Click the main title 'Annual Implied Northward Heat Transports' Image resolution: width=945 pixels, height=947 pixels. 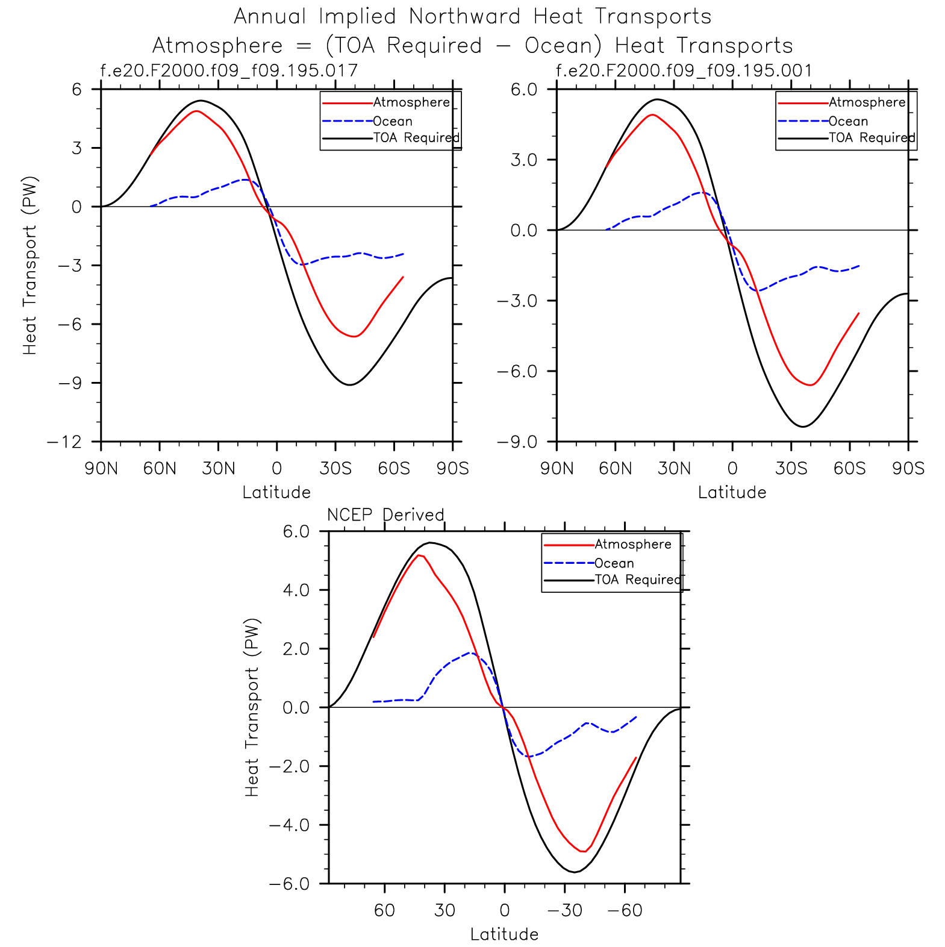pos(472,17)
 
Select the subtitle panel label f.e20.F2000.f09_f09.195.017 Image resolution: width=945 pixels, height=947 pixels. pos(229,71)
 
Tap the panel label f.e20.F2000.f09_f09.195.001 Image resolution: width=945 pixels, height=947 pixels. pos(684,71)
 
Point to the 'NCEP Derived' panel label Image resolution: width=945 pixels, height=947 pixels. pos(385,515)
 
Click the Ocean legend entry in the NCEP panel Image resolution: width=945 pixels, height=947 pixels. pos(614,563)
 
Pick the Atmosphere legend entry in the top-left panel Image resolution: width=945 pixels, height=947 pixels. pos(411,102)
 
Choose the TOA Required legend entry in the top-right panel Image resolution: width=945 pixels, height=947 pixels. pos(872,138)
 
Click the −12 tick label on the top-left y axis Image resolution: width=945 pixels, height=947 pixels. pos(64,442)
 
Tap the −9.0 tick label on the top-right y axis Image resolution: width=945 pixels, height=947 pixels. pos(516,442)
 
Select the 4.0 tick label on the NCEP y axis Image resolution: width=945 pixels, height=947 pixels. pos(296,590)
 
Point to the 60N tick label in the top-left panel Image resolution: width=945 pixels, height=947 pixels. pos(160,469)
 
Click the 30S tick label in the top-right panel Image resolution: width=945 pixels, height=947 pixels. pos(791,469)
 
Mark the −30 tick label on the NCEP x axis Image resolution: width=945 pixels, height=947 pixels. pos(564,910)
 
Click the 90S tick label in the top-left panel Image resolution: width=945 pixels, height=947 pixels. pos(452,469)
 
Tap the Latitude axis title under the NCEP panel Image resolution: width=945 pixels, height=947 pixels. pos(504,934)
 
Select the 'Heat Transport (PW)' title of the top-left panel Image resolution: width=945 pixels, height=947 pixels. pos(30,265)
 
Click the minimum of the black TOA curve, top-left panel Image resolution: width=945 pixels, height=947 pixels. pos(349,384)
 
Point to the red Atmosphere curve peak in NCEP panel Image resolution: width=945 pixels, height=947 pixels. pos(420,555)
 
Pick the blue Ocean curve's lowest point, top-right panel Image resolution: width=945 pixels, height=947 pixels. pos(758,291)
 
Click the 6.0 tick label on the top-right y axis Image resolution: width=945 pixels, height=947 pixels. pos(523,90)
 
